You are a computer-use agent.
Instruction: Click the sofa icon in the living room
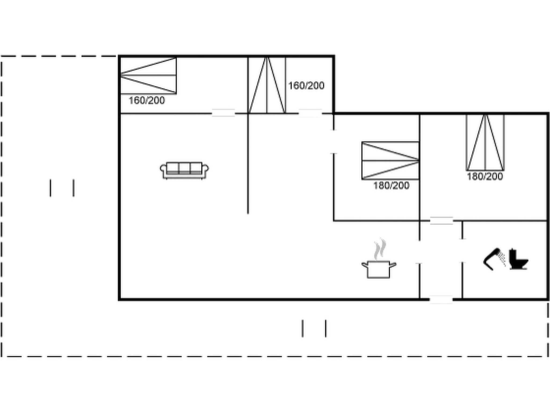(x=184, y=170)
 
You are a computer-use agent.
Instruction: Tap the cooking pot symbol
(x=379, y=269)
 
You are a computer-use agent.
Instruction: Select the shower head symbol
(x=494, y=259)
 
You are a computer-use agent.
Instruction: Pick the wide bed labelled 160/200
(x=149, y=75)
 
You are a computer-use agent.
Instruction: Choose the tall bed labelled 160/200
(x=267, y=85)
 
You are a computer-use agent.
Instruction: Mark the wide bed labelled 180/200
(x=390, y=160)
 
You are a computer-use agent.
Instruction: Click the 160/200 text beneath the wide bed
(x=147, y=101)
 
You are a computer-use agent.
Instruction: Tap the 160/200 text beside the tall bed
(x=306, y=86)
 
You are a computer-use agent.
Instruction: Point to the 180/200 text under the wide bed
(x=391, y=185)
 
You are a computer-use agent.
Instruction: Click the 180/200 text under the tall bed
(x=485, y=176)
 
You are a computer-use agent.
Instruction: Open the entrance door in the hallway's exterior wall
(x=441, y=299)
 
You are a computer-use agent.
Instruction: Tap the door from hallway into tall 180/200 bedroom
(x=442, y=221)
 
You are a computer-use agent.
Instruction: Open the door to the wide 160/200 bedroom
(x=223, y=113)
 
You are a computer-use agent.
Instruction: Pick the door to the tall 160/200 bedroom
(x=310, y=113)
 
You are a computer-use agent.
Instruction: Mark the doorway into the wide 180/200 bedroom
(x=334, y=142)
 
